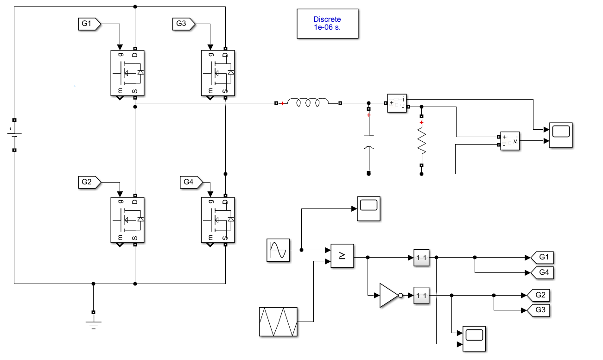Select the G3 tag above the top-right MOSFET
coord(184,24)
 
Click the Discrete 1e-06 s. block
coord(327,24)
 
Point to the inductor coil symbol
coord(308,103)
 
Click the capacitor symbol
coord(369,141)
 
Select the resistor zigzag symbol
coord(422,141)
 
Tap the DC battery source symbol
coord(14,134)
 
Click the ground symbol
coord(93,323)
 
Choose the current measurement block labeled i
coord(396,103)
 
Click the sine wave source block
coord(278,250)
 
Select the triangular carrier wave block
coord(278,322)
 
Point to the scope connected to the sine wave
coord(368,208)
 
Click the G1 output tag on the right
coord(542,257)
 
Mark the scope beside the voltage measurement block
coord(561,135)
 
